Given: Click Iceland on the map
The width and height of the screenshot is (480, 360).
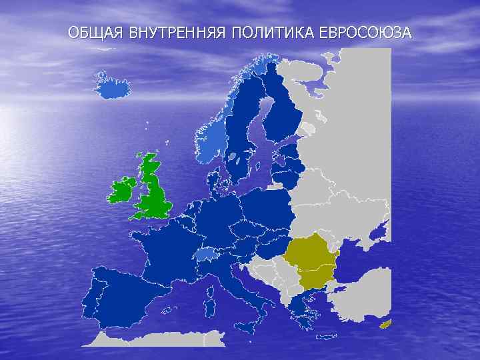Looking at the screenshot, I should [x=112, y=85].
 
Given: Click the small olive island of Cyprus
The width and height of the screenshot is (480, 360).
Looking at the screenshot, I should [x=385, y=325].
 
